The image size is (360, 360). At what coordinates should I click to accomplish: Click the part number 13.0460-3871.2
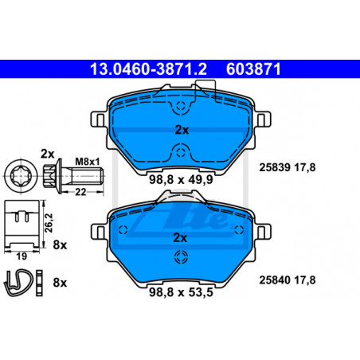coord(148,69)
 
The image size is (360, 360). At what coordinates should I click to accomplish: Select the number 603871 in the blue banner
coord(253,69)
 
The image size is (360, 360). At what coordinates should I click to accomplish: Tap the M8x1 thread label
coord(87,161)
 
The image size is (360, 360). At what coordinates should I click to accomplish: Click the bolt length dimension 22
coord(80,192)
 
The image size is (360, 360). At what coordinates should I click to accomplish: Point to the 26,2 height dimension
coord(49,223)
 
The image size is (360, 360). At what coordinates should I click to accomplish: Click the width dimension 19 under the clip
coord(22,256)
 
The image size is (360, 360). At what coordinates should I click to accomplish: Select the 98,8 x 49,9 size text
coord(181,180)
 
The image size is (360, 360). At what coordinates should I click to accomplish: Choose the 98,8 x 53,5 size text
coord(181,292)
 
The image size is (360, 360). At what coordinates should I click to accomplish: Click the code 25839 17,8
coord(288,167)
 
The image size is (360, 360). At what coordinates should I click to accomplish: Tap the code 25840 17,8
coord(288,280)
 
